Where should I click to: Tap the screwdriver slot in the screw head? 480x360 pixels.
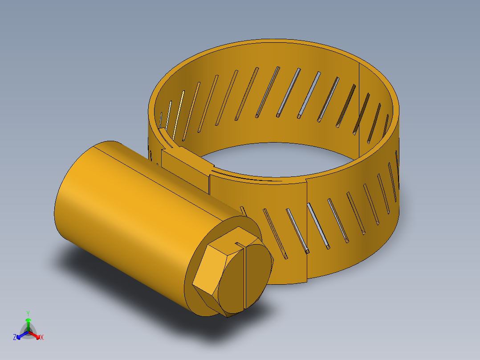245,276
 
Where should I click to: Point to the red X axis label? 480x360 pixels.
42,338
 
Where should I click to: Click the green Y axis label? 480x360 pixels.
28,313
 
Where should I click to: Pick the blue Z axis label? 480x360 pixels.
15,338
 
